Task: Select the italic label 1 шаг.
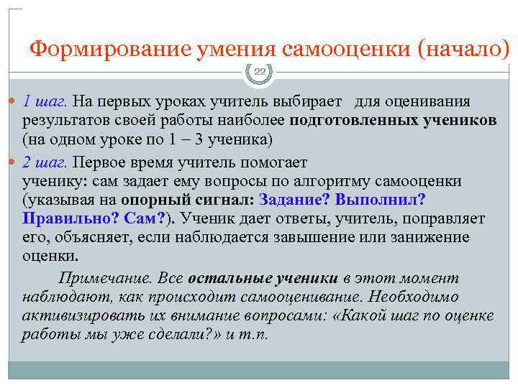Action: click(45, 101)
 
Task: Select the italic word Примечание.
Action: click(100, 278)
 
